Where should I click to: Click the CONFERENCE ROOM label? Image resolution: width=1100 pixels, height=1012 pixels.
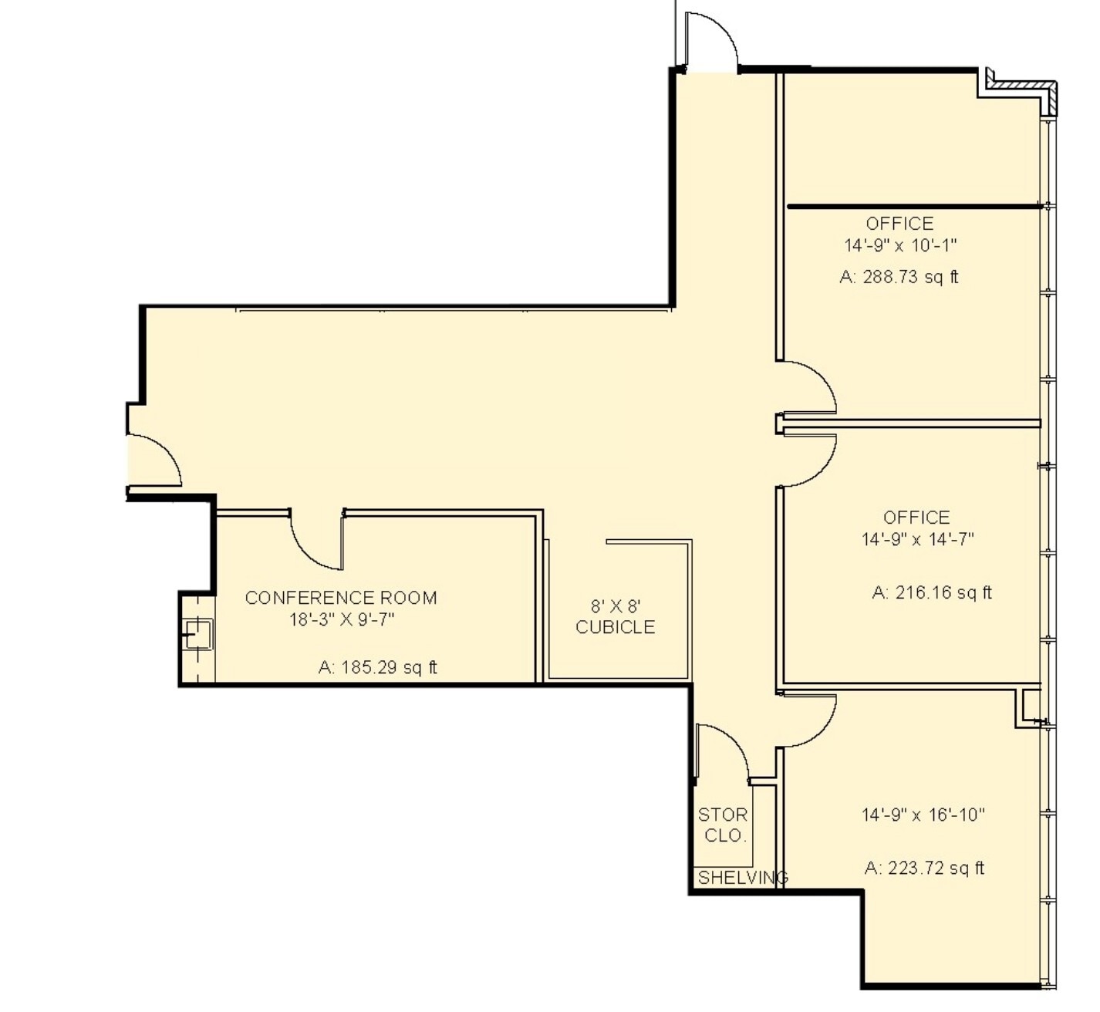[341, 598]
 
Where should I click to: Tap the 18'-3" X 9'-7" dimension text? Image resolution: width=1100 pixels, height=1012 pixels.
[342, 619]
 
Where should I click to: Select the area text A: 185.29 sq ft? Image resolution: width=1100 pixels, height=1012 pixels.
[377, 667]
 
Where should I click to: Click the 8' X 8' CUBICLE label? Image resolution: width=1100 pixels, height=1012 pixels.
[616, 617]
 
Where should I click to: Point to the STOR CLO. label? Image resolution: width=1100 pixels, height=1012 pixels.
[723, 825]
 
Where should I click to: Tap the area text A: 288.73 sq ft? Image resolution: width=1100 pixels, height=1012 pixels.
[899, 277]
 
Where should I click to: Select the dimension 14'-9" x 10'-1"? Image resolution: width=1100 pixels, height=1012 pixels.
[900, 245]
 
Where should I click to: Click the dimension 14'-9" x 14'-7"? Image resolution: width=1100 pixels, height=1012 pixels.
[917, 539]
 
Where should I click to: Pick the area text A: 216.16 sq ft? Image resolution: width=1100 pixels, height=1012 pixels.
[932, 592]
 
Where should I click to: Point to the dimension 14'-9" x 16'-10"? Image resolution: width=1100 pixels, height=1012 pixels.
[923, 815]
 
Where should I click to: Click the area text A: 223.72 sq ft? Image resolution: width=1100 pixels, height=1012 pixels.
[924, 869]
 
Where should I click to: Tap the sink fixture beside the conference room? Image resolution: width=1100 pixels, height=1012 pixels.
[197, 635]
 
